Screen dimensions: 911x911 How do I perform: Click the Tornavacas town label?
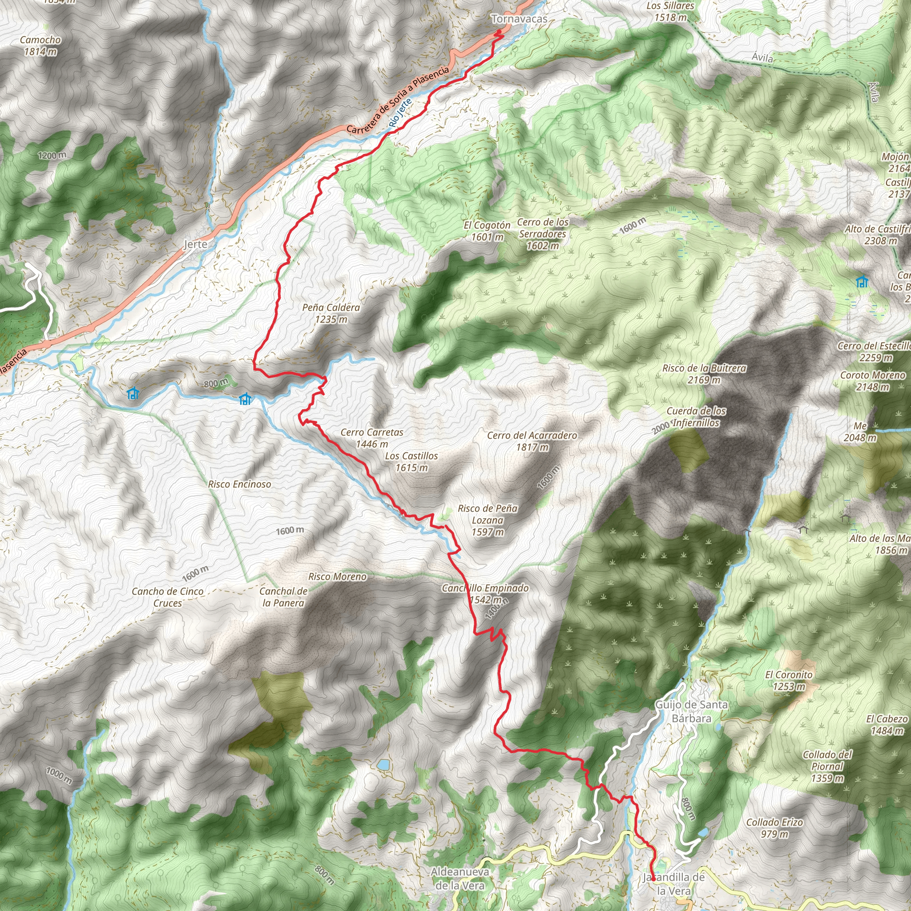coord(519,19)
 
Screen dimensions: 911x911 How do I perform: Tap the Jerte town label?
coord(195,244)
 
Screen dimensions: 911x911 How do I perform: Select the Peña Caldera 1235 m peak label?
coord(331,313)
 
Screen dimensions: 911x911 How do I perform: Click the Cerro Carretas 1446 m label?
coord(371,438)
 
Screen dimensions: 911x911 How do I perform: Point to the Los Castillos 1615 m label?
coord(411,461)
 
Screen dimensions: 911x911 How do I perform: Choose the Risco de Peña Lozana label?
coord(488,520)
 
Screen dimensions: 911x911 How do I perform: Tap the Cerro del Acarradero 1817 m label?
coord(532,441)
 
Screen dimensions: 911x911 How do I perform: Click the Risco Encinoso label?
coord(240,484)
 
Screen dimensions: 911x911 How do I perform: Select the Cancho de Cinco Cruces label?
coord(167,597)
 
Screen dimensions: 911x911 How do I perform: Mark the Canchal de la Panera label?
coord(283,597)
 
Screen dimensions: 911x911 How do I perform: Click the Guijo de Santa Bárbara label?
coord(691,711)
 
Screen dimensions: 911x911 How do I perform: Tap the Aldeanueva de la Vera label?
coord(460,879)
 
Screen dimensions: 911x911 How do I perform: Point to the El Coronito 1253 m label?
coord(788,681)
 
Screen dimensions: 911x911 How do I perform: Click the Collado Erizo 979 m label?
coord(774,827)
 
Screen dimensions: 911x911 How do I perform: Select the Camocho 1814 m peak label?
coord(40,46)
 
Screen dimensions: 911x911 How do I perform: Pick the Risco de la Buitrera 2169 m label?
coord(704,374)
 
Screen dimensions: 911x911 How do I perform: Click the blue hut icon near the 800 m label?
coord(245,399)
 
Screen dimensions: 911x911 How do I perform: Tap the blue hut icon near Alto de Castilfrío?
coord(862,282)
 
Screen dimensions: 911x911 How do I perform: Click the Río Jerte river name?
coord(401,113)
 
